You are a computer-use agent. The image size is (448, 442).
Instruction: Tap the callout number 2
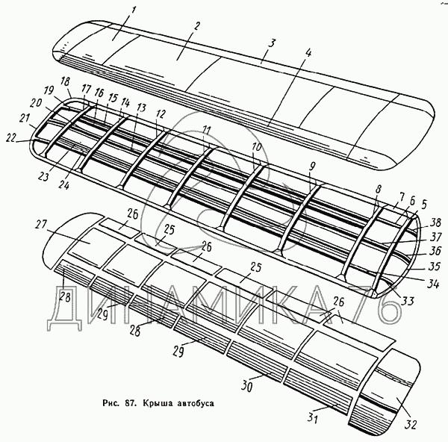(x=196, y=27)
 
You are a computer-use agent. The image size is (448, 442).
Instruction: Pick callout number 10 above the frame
(x=256, y=147)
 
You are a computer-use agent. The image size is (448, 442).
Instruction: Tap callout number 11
(x=206, y=130)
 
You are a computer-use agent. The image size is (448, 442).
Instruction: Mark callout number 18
(x=66, y=81)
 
